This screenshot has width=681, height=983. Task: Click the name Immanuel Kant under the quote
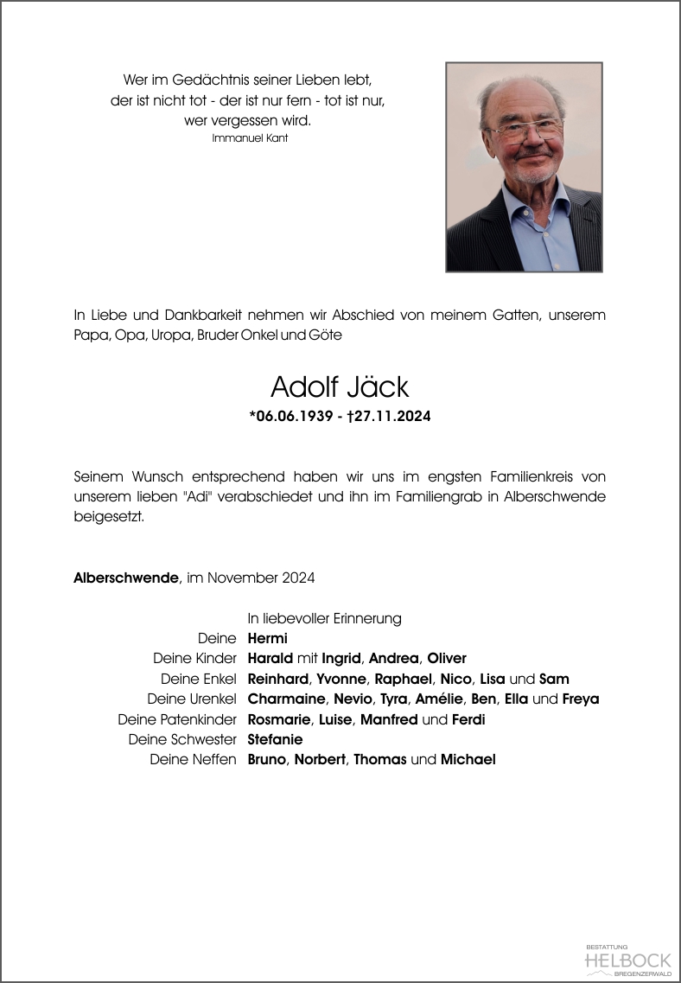[x=250, y=138]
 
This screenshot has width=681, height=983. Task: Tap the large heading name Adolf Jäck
[x=340, y=386]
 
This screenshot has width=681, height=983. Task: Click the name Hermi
[x=267, y=639]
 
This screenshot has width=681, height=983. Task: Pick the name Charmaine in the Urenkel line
[x=284, y=699]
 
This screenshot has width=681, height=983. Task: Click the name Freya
[x=580, y=699]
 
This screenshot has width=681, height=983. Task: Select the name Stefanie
[x=275, y=739]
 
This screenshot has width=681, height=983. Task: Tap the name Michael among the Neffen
[x=468, y=760]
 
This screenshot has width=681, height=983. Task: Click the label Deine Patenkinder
[x=177, y=719]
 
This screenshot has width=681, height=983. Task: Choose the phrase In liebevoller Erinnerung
[x=324, y=618]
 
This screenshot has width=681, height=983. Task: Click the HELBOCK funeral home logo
[x=627, y=960]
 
